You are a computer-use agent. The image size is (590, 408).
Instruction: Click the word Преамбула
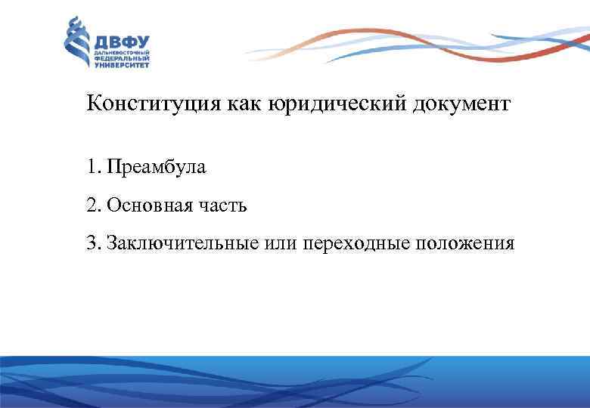(156, 166)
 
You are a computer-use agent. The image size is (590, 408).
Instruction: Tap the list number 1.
(92, 166)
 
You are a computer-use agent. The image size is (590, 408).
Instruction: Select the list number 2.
(92, 205)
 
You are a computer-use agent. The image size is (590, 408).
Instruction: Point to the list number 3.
(92, 243)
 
